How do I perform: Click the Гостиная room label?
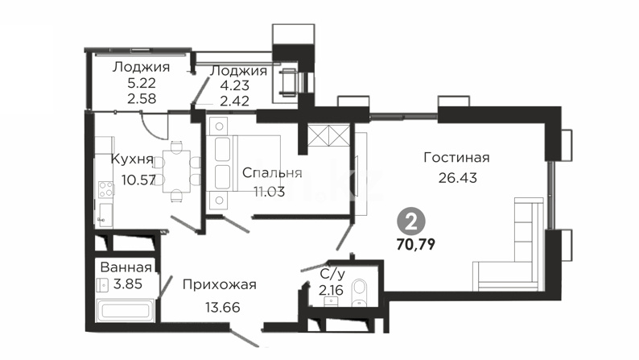(456, 157)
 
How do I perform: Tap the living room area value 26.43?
(458, 178)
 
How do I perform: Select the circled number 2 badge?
(411, 222)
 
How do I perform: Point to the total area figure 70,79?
(416, 244)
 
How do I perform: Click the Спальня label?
(272, 173)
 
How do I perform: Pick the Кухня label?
(133, 159)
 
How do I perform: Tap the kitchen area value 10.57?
(138, 180)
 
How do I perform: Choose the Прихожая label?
(219, 284)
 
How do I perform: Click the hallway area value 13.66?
(222, 307)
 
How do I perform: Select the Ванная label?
(126, 267)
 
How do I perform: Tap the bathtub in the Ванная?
(126, 311)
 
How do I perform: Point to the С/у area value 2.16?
(331, 290)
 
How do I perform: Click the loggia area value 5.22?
(142, 83)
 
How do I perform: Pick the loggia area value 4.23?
(234, 85)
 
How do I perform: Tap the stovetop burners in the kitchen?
(106, 189)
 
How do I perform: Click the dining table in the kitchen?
(176, 172)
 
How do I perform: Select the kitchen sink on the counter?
(105, 214)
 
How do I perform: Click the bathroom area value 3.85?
(128, 283)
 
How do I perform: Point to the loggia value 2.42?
(234, 101)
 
